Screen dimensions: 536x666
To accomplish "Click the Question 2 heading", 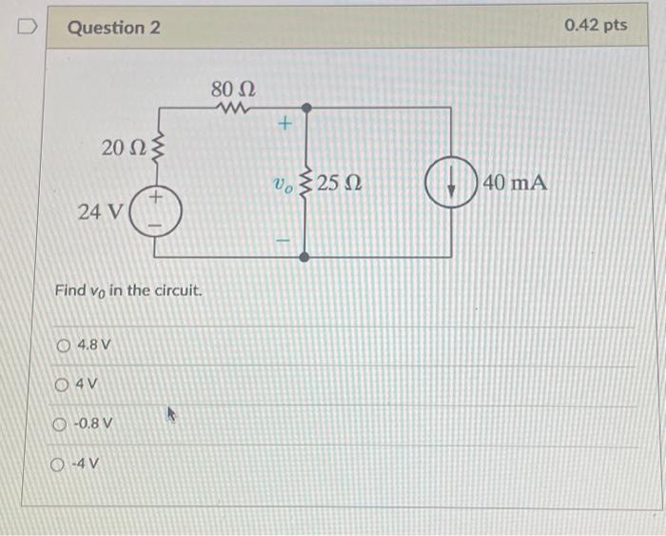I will (113, 27).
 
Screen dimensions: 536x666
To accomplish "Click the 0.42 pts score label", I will (596, 25).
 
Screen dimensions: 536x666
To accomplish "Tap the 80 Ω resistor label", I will (233, 89).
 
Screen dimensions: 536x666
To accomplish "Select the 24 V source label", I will (99, 211).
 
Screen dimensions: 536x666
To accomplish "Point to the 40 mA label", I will (515, 182).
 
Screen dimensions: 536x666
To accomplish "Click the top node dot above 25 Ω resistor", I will (304, 109).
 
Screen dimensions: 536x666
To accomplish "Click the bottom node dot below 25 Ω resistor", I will (304, 257).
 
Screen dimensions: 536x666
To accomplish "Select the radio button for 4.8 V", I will (64, 345).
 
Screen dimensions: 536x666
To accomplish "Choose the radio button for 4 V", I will (64, 385).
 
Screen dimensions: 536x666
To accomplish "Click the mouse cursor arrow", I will (172, 415).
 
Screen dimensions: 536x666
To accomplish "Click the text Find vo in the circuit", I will (128, 289).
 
